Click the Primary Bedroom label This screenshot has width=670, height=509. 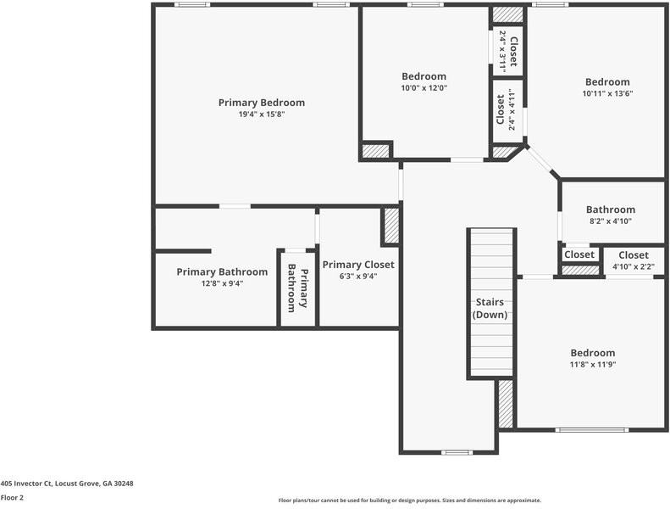coord(261,103)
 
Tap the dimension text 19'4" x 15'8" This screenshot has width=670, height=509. coord(261,115)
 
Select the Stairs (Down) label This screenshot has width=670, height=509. coord(490,309)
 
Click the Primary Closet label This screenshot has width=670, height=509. coord(358,265)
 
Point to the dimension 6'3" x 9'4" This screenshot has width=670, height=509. coord(358,276)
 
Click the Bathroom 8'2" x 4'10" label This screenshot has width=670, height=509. coord(610,210)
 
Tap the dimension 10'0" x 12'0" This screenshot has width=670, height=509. coord(424,87)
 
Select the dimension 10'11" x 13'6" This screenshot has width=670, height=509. coord(607,93)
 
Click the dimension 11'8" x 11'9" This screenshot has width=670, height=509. coord(592,365)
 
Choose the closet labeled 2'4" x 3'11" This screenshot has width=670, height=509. coord(507,50)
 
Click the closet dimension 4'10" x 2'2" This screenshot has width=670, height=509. coord(633,266)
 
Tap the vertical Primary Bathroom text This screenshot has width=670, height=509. coord(297,287)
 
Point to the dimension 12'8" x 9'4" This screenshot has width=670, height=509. coord(222,283)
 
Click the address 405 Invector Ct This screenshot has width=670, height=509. coord(67,484)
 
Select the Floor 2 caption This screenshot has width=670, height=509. coord(12,498)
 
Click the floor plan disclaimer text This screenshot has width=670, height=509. coord(409,501)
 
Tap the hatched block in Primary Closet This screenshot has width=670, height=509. coord(391,227)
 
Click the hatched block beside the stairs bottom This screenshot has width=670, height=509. coord(506,404)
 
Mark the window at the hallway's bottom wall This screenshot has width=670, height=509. coord(457,452)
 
